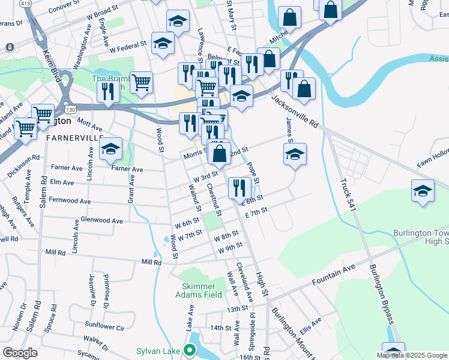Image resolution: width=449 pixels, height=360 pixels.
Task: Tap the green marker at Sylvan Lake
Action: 191,350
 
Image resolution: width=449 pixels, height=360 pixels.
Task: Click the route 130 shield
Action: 71,109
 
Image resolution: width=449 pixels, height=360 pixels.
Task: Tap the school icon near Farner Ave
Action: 110,150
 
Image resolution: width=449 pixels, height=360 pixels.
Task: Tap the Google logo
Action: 20,353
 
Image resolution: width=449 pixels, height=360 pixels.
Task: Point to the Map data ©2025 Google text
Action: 412,355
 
